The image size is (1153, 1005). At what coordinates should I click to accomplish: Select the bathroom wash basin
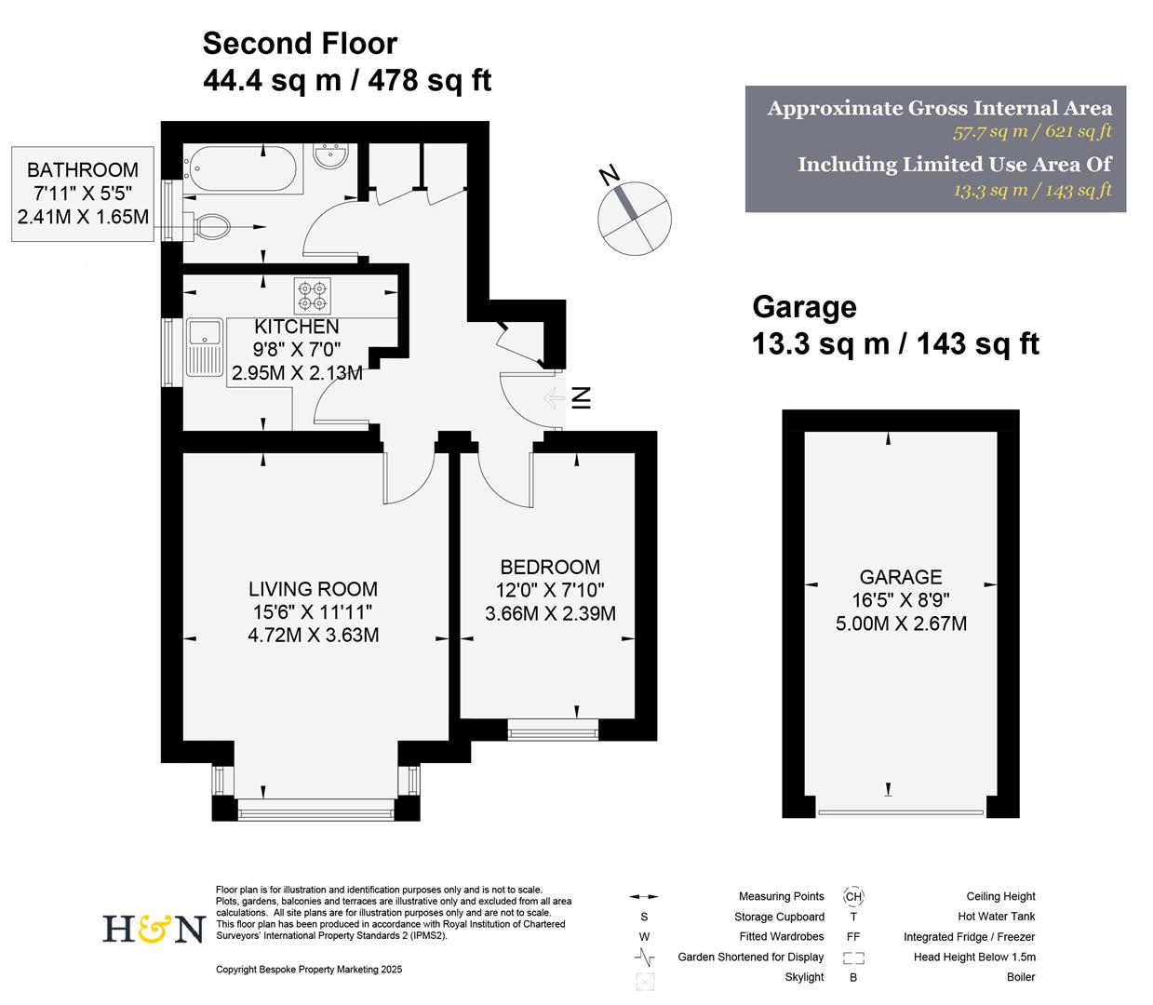coord(330,155)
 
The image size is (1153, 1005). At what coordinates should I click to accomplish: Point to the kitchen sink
coord(202,347)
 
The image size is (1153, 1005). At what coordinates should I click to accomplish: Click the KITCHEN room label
coord(297,327)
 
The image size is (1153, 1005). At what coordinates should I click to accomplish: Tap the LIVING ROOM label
coord(313,589)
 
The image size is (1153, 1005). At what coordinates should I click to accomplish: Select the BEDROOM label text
coord(550,567)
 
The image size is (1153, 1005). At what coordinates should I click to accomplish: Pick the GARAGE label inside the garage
coord(900,577)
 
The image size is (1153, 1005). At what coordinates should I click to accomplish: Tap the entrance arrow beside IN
coord(552,399)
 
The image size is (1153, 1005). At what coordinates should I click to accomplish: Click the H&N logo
coord(152,929)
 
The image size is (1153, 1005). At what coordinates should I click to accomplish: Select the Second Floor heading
coord(300,44)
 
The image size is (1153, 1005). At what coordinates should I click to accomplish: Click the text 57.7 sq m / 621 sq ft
coord(1032,132)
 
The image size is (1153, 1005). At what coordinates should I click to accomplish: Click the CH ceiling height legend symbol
coord(853,897)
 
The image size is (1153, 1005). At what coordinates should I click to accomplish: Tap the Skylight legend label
coord(804,977)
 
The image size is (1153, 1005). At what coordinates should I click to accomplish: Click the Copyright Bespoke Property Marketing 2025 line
coord(309,970)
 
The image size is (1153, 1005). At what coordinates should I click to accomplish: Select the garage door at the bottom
coord(900,812)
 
